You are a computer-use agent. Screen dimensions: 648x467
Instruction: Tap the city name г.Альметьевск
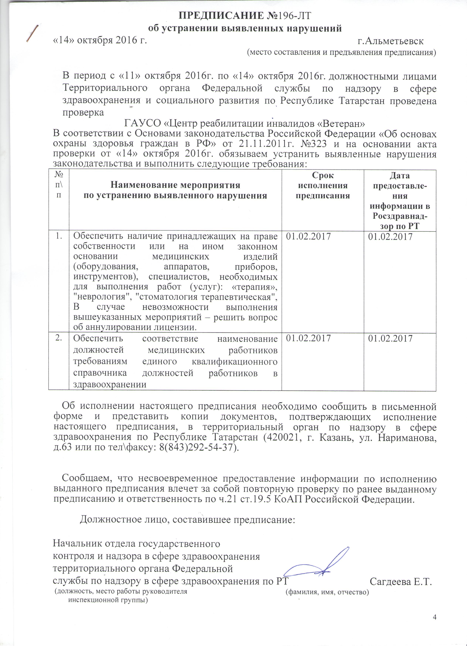(391, 41)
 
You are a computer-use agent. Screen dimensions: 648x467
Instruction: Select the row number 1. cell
(59, 236)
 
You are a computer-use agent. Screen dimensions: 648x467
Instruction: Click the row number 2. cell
(59, 338)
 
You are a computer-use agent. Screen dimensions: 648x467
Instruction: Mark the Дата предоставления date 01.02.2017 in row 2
(390, 339)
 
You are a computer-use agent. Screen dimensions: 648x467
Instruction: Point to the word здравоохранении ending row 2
(110, 384)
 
